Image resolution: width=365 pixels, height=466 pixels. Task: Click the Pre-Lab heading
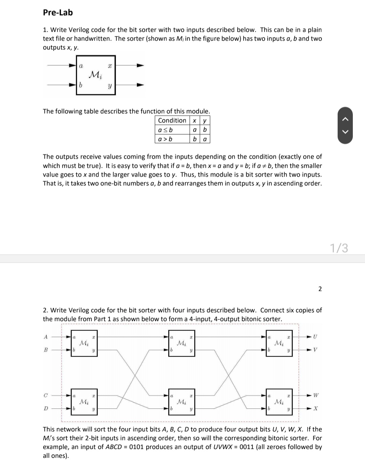pos(58,13)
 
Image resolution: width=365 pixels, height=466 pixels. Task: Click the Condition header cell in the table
pos(172,120)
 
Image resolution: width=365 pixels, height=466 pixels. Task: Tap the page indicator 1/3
pos(339,248)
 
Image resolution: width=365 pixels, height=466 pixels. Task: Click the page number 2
pos(320,288)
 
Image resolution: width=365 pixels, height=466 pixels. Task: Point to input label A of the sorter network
pos(46,337)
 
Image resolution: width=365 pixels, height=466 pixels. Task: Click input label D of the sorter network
pos(46,409)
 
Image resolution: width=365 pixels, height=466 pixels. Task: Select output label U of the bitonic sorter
pos(315,337)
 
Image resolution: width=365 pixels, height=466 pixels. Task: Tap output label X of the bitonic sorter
pos(315,409)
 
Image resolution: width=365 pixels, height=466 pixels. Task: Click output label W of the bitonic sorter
pos(316,395)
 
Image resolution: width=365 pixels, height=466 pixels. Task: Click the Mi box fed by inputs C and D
pos(84,402)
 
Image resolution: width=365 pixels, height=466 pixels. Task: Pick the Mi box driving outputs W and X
pos(279,402)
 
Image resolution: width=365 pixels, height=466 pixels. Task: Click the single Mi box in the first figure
pos(96,75)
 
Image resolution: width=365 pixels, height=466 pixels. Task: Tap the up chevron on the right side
pos(345,119)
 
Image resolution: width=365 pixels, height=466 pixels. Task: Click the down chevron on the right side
pos(345,132)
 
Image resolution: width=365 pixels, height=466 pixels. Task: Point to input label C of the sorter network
pos(46,395)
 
